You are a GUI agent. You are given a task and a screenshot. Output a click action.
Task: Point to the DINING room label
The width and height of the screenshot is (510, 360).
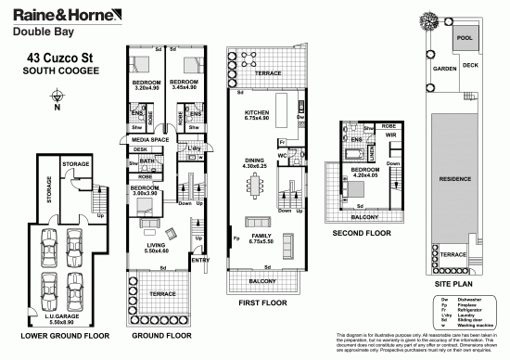click(254, 161)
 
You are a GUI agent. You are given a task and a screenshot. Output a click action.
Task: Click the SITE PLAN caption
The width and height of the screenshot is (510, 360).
click(454, 278)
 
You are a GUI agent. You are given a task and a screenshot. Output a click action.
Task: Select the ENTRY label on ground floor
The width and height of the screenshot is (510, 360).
click(198, 260)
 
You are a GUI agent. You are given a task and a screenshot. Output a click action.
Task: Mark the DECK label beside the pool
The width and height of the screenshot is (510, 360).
click(471, 65)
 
